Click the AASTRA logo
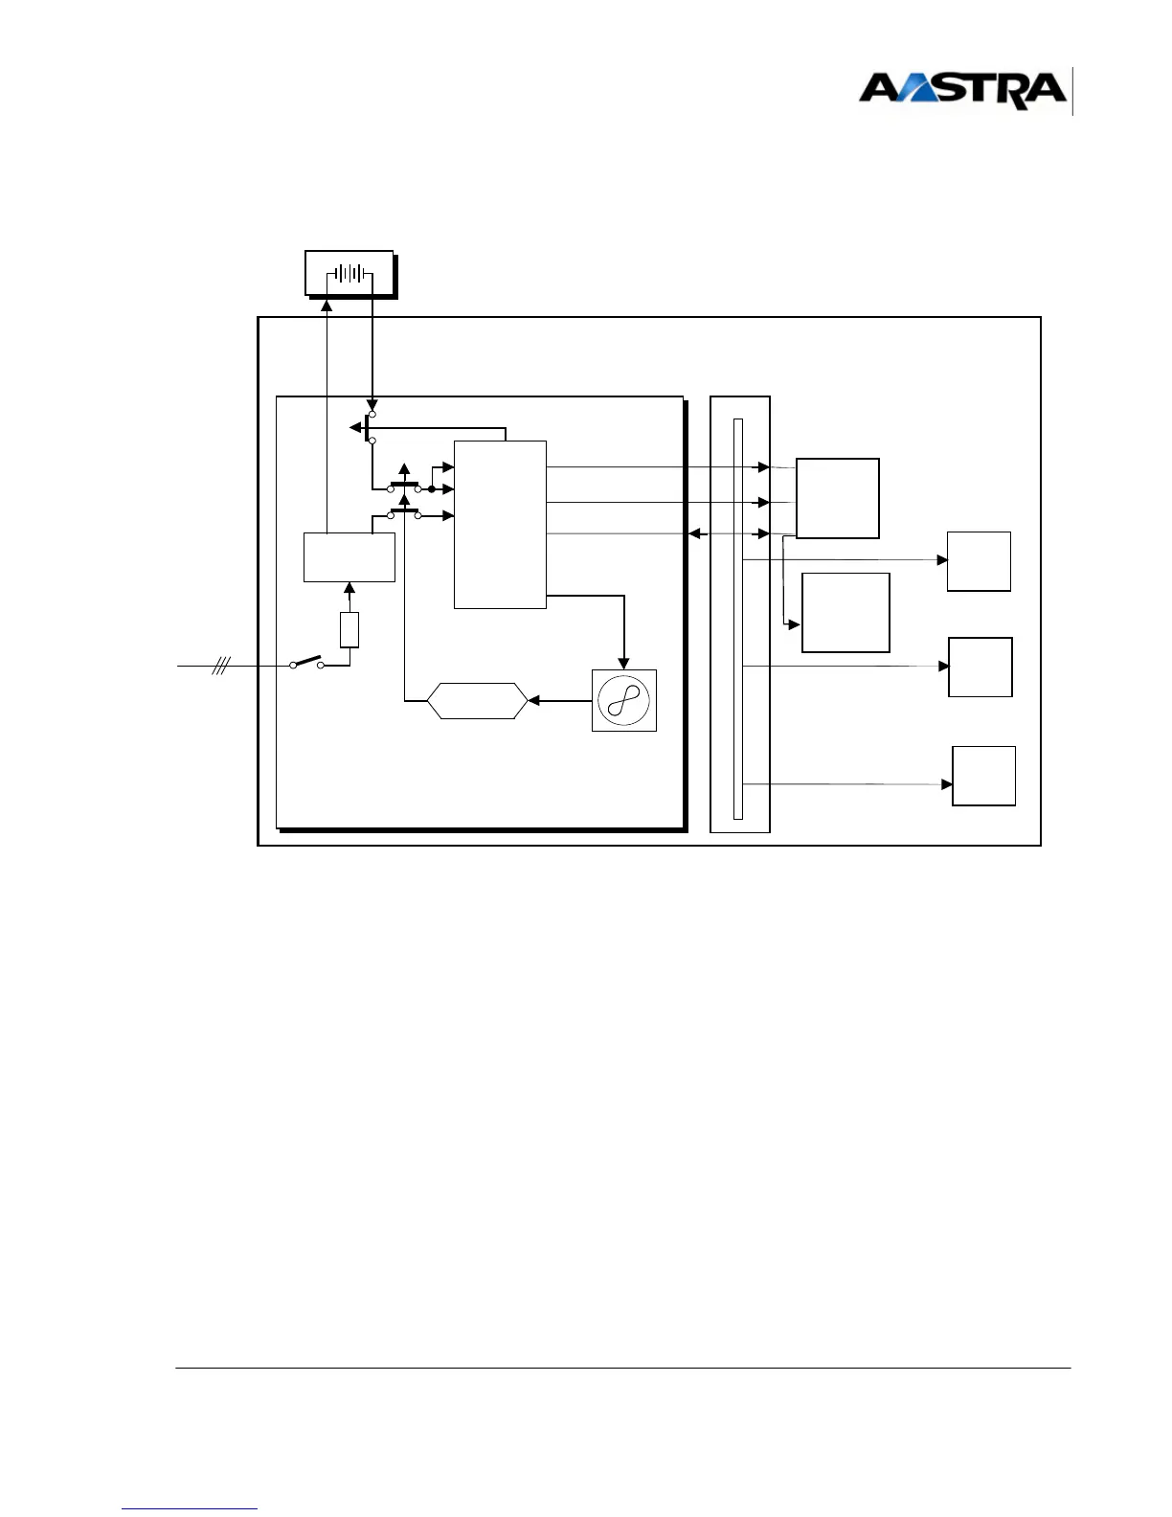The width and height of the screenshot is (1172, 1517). click(x=962, y=90)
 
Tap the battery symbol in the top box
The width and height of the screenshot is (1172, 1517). click(x=349, y=274)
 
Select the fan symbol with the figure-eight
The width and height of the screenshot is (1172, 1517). click(x=624, y=700)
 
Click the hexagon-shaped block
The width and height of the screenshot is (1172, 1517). click(x=477, y=701)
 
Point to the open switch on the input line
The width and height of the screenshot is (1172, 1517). click(x=306, y=662)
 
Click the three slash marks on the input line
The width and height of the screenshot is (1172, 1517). click(x=220, y=665)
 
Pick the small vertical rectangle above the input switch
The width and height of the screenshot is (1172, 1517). click(x=349, y=630)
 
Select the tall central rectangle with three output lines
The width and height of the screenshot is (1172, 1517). click(x=500, y=524)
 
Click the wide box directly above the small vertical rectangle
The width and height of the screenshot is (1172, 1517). click(x=349, y=556)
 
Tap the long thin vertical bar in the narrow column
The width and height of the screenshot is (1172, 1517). click(x=738, y=619)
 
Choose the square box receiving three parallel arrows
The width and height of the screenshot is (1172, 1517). click(x=837, y=498)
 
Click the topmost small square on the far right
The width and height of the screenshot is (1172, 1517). click(x=979, y=561)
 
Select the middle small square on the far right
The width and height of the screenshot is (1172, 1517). click(x=980, y=667)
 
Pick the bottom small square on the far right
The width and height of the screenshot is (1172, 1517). click(x=983, y=776)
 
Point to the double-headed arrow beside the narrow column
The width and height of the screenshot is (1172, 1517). click(x=700, y=533)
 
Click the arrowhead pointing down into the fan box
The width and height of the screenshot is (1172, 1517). click(x=624, y=663)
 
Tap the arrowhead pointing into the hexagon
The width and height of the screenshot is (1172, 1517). click(x=534, y=701)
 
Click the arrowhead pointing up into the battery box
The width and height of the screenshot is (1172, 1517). click(x=327, y=306)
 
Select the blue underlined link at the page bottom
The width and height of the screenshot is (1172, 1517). click(x=190, y=1508)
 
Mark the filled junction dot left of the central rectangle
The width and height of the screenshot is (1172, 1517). click(x=432, y=489)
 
